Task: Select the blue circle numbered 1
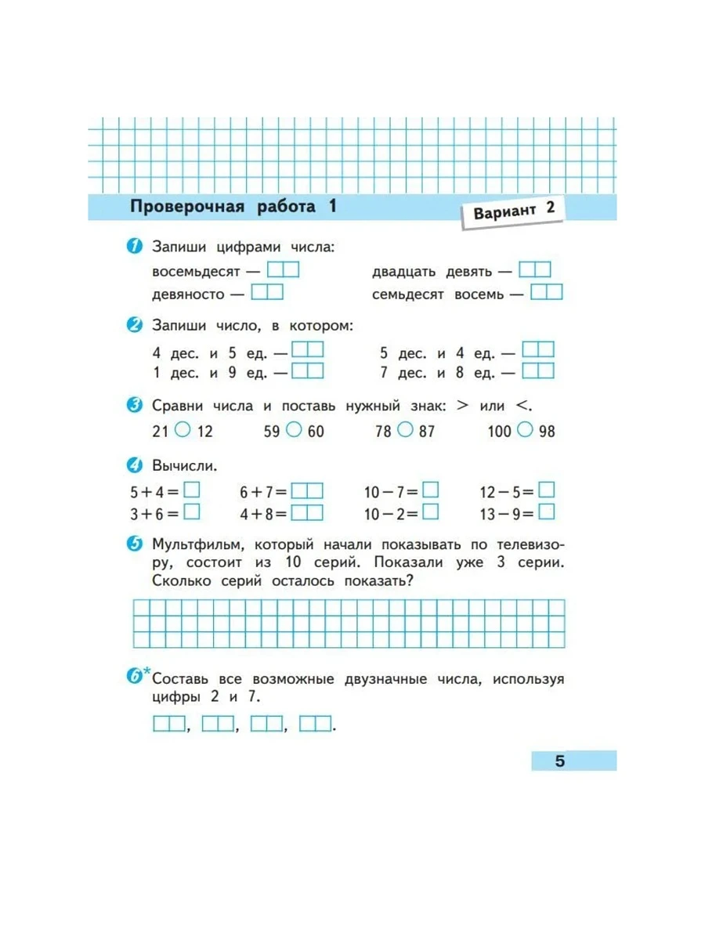[x=135, y=248]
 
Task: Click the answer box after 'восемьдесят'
[x=283, y=270]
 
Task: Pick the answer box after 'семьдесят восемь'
[x=546, y=293]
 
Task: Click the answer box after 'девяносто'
[x=267, y=293]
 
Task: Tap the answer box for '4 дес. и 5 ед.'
[x=307, y=349]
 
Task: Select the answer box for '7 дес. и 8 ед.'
[x=538, y=371]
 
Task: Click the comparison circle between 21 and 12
[x=182, y=429]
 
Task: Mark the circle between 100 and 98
[x=526, y=429]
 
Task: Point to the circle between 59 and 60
[x=294, y=429]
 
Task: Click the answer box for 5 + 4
[x=192, y=490]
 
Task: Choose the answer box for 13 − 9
[x=547, y=513]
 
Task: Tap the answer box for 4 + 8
[x=307, y=513]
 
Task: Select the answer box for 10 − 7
[x=430, y=490]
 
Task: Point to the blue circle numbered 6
[x=135, y=675]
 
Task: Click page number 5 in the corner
[x=559, y=761]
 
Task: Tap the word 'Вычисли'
[x=185, y=466]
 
